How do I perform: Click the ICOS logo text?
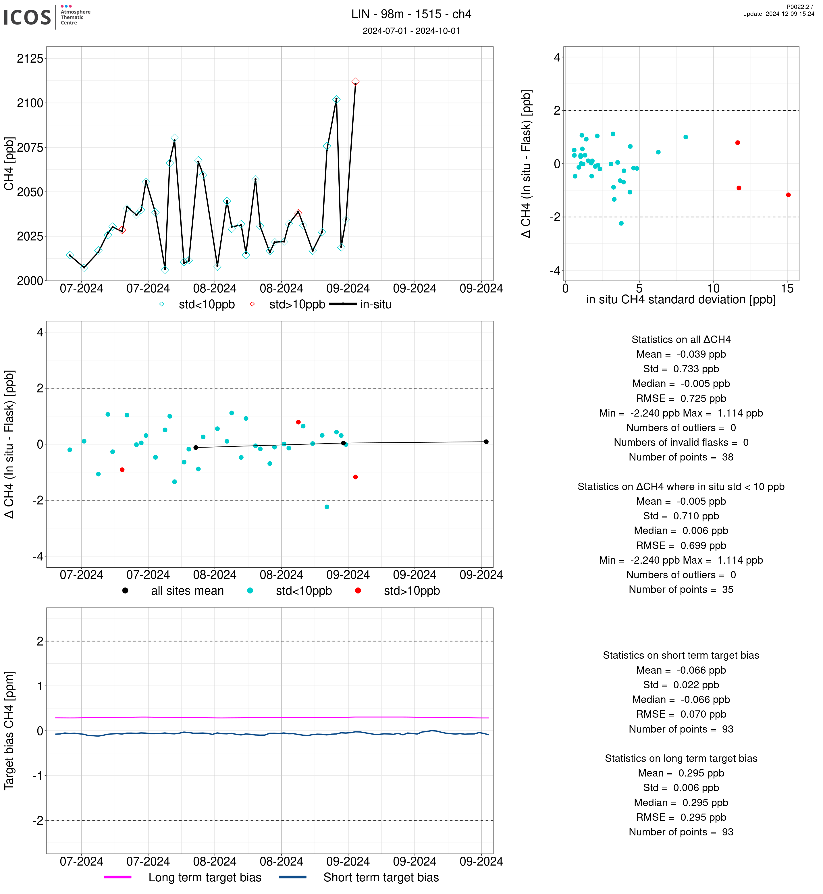[27, 17]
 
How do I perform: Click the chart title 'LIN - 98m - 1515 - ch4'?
[411, 14]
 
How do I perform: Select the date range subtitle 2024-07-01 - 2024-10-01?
[411, 31]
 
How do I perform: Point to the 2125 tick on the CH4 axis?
[30, 58]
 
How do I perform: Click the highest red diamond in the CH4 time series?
[355, 82]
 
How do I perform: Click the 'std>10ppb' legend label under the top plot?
[297, 305]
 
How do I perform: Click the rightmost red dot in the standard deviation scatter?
[788, 195]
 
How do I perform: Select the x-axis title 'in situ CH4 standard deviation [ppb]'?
[681, 300]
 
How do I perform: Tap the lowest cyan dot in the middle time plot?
[327, 507]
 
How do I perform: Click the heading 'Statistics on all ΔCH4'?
[681, 340]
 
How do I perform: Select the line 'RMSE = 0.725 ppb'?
[681, 398]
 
